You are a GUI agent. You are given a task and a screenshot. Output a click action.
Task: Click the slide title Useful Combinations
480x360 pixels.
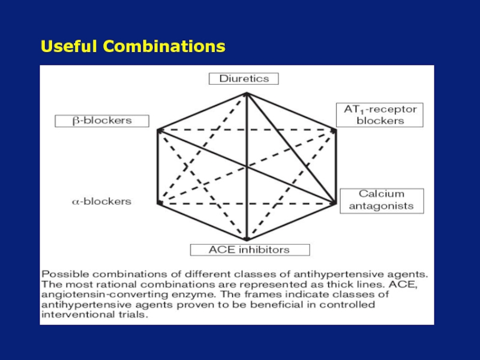pyautogui.click(x=133, y=46)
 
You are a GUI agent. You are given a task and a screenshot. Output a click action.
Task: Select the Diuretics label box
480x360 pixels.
pyautogui.click(x=244, y=79)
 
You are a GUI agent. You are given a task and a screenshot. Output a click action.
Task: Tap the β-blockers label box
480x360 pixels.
pyautogui.click(x=102, y=121)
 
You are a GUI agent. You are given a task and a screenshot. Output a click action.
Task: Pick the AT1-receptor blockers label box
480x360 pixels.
pyautogui.click(x=380, y=115)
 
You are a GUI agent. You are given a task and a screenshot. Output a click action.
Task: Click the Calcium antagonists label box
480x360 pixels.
pyautogui.click(x=382, y=200)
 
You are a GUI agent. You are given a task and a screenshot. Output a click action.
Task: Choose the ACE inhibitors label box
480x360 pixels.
pyautogui.click(x=250, y=250)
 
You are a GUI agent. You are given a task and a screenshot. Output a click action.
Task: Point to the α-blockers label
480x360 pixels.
pyautogui.click(x=101, y=202)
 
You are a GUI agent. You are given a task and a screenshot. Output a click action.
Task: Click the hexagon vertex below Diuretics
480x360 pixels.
pyautogui.click(x=246, y=94)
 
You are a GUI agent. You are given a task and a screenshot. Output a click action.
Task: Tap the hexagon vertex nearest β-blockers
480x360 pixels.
pyautogui.click(x=158, y=130)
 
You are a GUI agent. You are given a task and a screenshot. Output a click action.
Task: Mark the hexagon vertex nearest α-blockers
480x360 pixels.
pyautogui.click(x=159, y=203)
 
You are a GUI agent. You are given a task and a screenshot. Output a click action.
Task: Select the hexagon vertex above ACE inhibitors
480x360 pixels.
pyautogui.click(x=246, y=238)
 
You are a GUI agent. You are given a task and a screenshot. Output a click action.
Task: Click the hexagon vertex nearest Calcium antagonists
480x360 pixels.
pyautogui.click(x=334, y=203)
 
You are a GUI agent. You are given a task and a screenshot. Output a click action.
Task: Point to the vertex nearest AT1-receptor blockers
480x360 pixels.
pyautogui.click(x=334, y=130)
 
